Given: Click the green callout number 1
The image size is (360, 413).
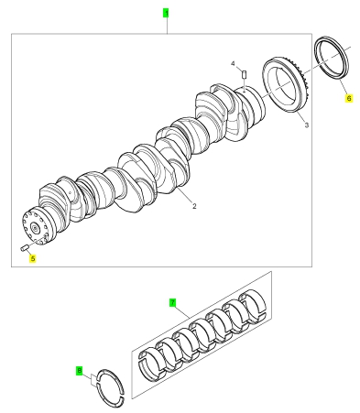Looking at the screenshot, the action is [x=166, y=14].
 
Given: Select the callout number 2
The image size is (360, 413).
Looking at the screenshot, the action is [x=194, y=206].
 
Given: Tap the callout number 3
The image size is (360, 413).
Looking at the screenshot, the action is [x=307, y=125].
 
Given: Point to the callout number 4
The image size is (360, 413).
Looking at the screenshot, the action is [x=233, y=63].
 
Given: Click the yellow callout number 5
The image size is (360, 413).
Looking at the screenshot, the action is [x=33, y=258].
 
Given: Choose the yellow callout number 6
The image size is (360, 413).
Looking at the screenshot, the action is [x=349, y=98].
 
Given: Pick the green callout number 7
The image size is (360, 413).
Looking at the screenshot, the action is [x=173, y=302].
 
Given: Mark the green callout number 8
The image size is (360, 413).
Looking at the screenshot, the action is [x=80, y=371].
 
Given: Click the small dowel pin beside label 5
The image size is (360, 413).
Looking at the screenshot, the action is [x=25, y=248].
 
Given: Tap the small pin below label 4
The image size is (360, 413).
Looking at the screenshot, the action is [x=244, y=74].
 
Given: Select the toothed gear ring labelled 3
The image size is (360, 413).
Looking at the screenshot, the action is [x=287, y=86].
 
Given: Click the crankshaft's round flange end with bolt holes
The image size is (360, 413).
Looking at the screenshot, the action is [x=36, y=226].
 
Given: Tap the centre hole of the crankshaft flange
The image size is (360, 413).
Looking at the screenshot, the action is [x=36, y=228].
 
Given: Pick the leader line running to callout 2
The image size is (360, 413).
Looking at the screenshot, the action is [x=185, y=196].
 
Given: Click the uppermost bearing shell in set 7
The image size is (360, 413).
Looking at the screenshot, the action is [x=253, y=305].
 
